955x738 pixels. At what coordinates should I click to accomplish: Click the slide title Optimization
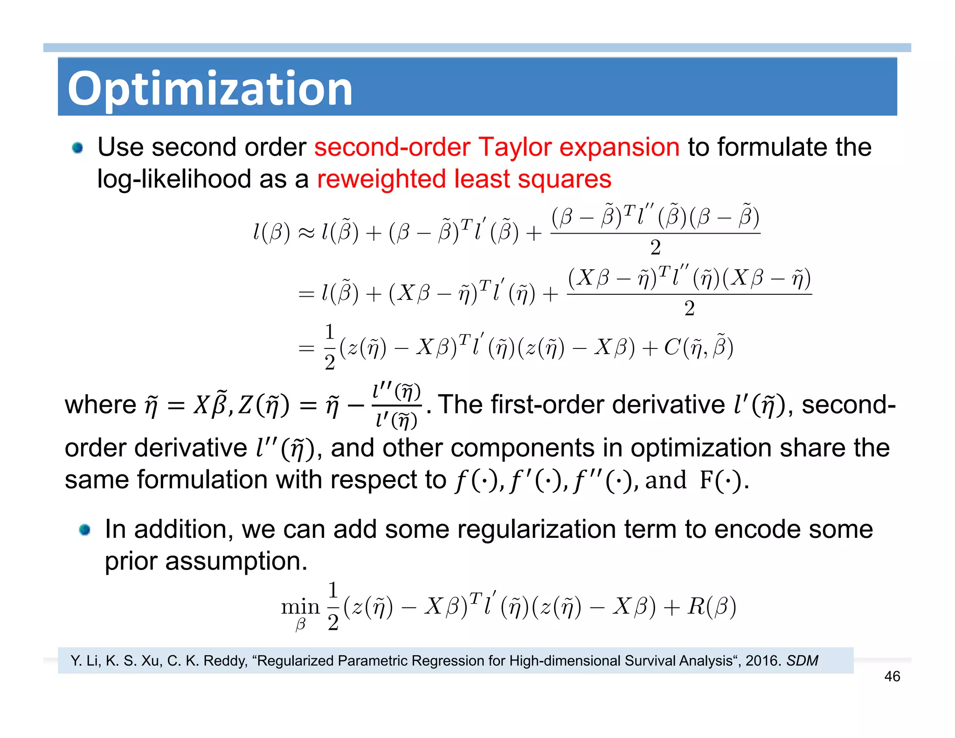210,89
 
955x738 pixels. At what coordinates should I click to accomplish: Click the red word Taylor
515,147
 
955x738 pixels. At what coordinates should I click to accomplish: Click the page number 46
892,676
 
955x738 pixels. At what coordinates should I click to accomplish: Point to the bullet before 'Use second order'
77,148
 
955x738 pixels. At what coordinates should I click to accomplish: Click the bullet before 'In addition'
84,530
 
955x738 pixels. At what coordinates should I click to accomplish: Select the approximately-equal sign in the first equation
306,233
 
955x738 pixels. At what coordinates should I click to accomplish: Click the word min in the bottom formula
300,606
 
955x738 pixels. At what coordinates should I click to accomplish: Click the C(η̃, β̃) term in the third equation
698,347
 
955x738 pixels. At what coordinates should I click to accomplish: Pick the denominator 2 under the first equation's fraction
655,247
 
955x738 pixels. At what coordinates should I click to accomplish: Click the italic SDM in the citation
802,661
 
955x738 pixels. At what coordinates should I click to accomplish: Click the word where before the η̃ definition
100,404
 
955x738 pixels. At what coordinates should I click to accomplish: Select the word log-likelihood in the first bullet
174,179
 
